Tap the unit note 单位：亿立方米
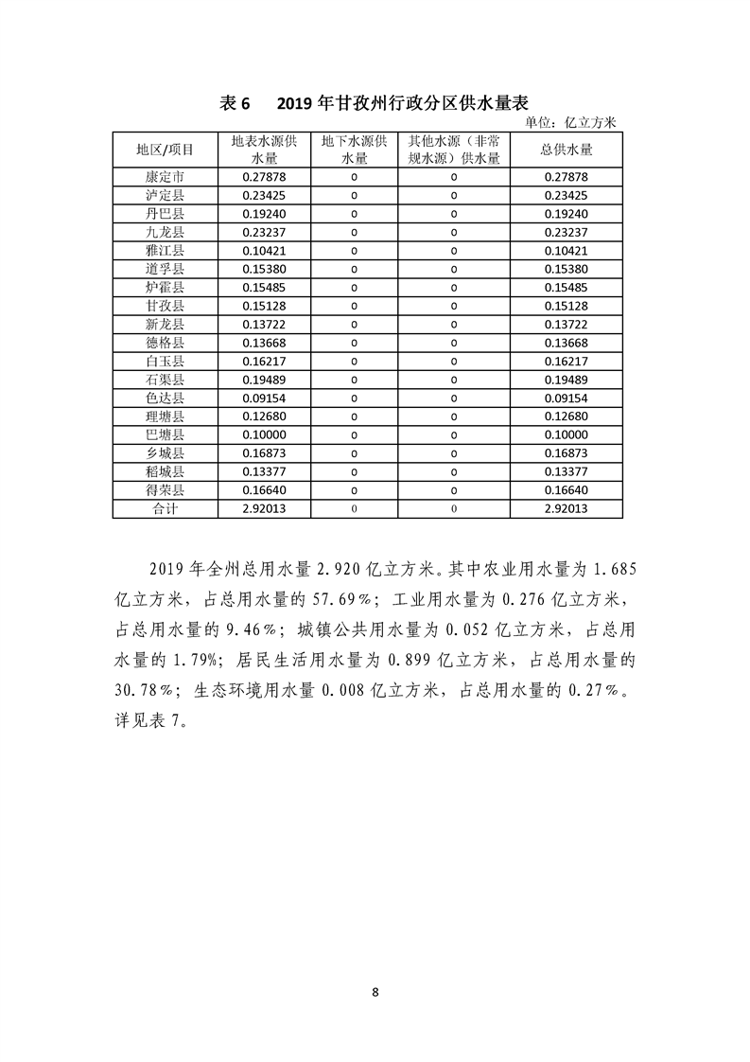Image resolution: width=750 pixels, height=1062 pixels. [569, 122]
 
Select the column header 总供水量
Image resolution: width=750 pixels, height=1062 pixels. [567, 150]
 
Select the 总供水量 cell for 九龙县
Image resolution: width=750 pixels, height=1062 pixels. [567, 232]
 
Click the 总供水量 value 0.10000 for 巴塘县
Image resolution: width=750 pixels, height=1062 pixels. [567, 434]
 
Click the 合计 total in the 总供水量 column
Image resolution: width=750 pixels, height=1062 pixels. [567, 508]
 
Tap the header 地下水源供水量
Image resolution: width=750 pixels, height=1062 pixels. [354, 150]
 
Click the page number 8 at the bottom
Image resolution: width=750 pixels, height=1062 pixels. [375, 992]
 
